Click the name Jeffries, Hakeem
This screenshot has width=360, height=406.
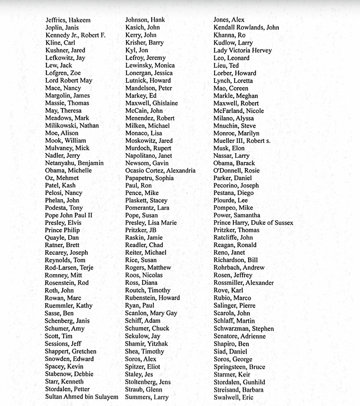[68, 20]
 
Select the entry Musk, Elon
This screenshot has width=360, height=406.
[229, 148]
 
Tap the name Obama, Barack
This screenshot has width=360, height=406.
[234, 163]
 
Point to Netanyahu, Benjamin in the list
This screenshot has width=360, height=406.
[74, 163]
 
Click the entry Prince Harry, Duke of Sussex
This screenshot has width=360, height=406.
[253, 223]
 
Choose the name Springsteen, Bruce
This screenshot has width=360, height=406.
[239, 367]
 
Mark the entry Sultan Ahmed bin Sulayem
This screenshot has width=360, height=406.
[82, 397]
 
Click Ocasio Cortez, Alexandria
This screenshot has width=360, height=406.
[160, 171]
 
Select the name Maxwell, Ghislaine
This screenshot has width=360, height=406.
[151, 103]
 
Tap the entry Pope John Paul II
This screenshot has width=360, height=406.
[69, 215]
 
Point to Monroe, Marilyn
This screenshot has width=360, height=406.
[236, 133]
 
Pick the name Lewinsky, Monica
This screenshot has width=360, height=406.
[150, 65]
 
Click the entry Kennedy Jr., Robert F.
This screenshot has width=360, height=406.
[75, 35]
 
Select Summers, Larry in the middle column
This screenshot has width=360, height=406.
[147, 397]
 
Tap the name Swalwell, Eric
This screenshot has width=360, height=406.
[233, 397]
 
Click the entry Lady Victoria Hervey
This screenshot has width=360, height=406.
[243, 50]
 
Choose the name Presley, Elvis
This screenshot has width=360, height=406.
[63, 223]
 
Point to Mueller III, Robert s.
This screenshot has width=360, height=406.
[242, 141]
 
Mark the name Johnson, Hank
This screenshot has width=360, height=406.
[145, 20]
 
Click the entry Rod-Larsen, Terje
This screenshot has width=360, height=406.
[69, 268]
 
